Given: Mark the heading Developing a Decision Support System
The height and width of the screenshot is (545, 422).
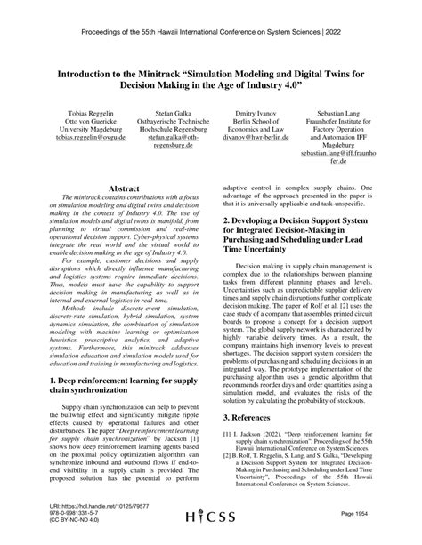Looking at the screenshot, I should pos(308,229).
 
